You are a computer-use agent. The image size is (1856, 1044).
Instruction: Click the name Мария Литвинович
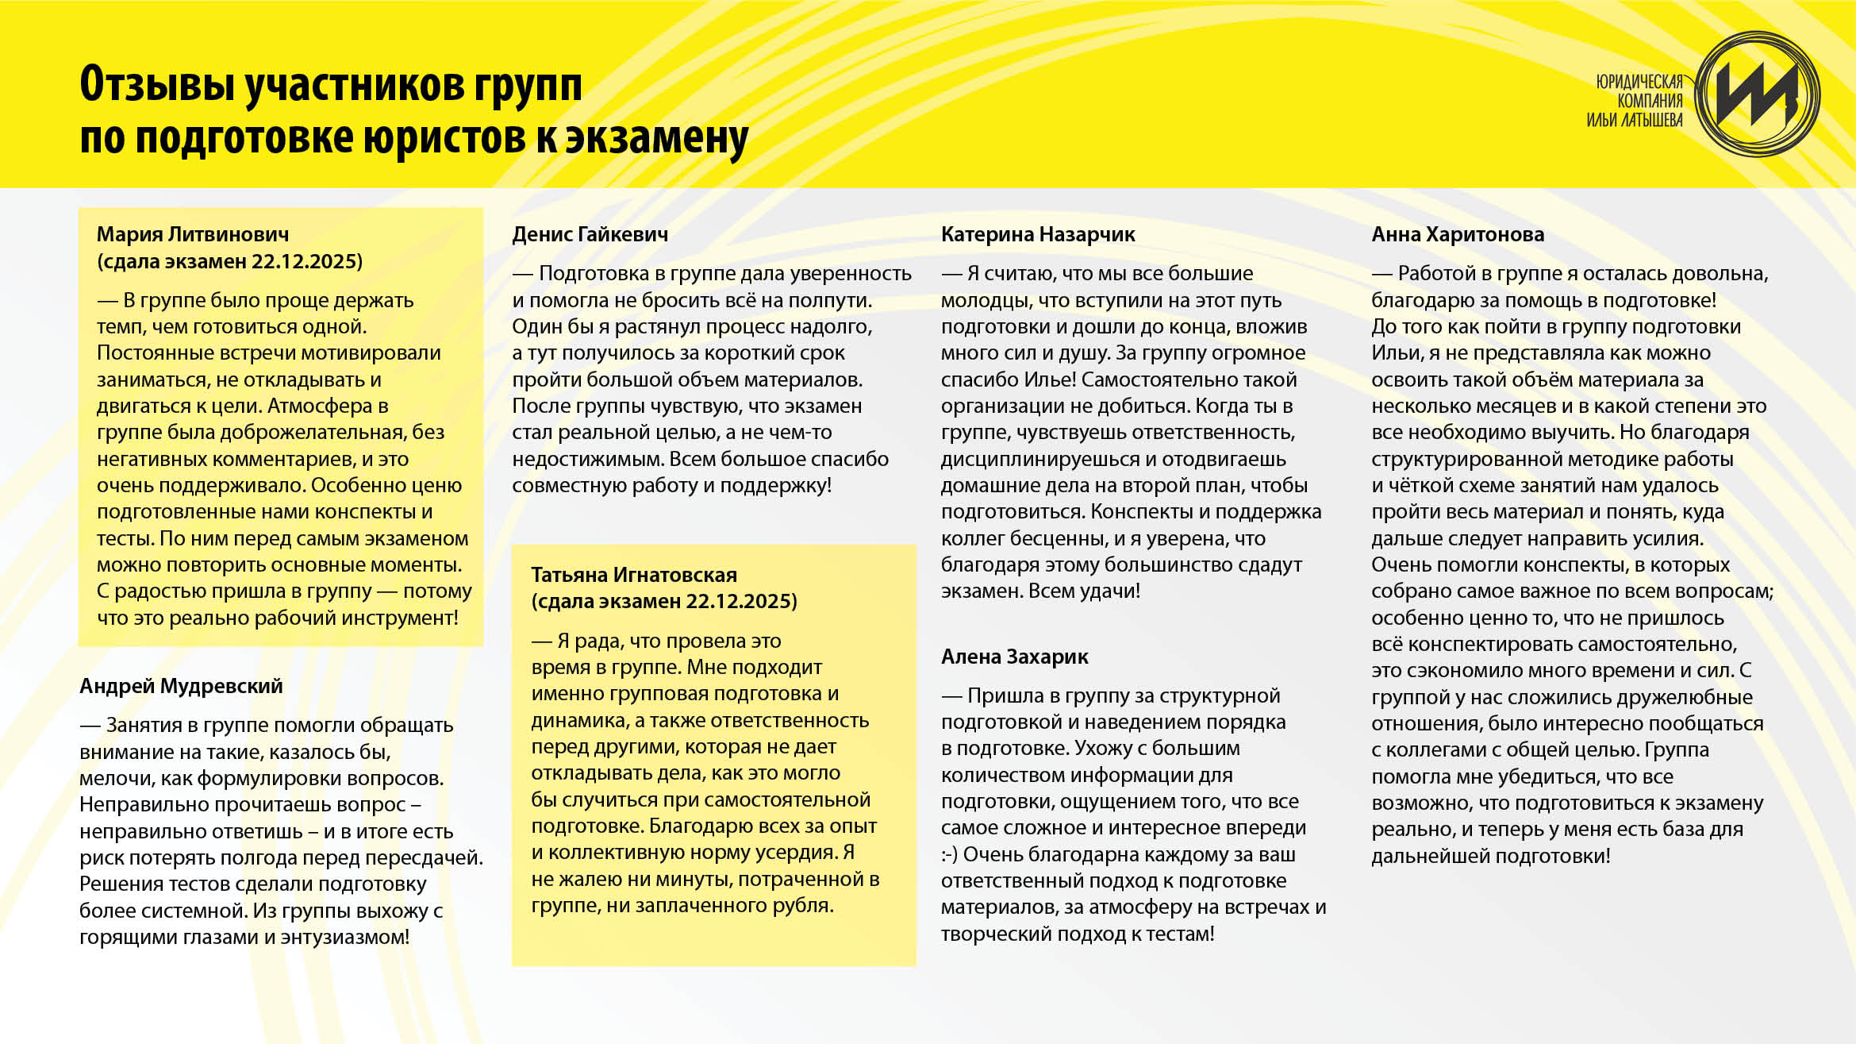(192, 234)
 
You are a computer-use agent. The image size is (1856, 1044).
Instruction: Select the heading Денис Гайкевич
(590, 234)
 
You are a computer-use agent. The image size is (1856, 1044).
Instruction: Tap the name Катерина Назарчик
(1038, 234)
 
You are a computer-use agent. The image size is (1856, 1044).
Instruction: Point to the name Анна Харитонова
(1458, 234)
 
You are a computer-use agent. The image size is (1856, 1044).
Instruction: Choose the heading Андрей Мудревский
(181, 686)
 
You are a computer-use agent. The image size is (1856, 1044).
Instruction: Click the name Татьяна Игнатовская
(634, 575)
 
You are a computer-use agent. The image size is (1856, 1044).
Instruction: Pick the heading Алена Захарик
(1014, 657)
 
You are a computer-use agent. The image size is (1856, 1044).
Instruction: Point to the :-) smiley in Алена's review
(949, 855)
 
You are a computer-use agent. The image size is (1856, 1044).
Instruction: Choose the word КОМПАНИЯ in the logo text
(1650, 101)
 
